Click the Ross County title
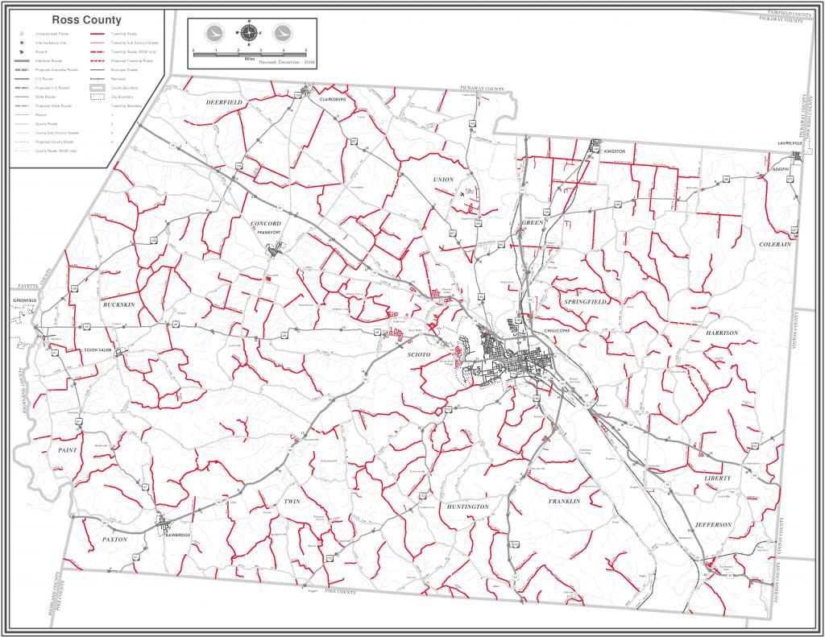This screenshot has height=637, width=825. tap(87, 19)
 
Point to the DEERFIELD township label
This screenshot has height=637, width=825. tap(223, 103)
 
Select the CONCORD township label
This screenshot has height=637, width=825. tap(265, 223)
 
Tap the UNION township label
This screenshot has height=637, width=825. tap(443, 179)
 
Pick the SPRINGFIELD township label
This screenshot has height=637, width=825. tap(587, 301)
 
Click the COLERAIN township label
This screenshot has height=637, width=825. tap(776, 244)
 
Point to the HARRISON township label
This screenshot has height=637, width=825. tap(722, 333)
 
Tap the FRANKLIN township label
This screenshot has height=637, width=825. tap(564, 501)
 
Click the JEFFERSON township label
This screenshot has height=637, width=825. tap(712, 524)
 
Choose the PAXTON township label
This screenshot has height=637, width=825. tap(114, 539)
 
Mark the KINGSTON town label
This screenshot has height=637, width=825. tap(614, 151)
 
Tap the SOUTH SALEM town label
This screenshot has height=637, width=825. tap(102, 350)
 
